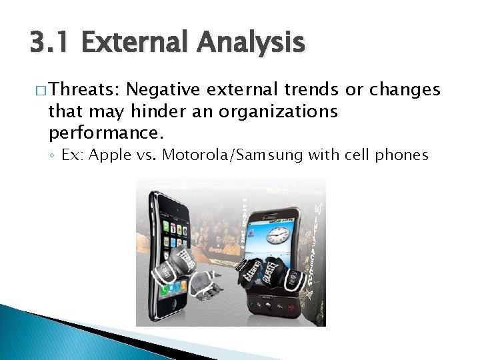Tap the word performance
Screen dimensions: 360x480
(x=105, y=133)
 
